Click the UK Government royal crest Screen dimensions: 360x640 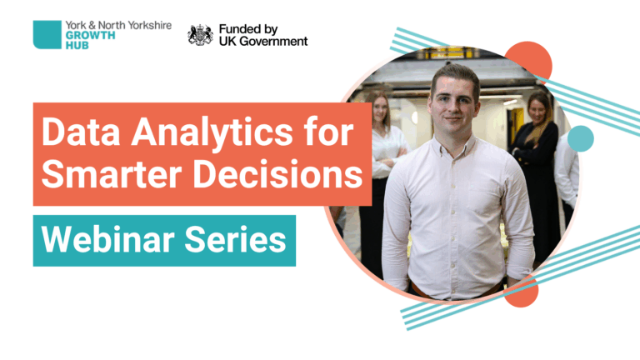[x=200, y=35]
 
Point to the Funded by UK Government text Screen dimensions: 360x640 [x=262, y=35]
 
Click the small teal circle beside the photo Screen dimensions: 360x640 [x=580, y=138]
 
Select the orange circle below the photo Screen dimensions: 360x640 [x=520, y=292]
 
